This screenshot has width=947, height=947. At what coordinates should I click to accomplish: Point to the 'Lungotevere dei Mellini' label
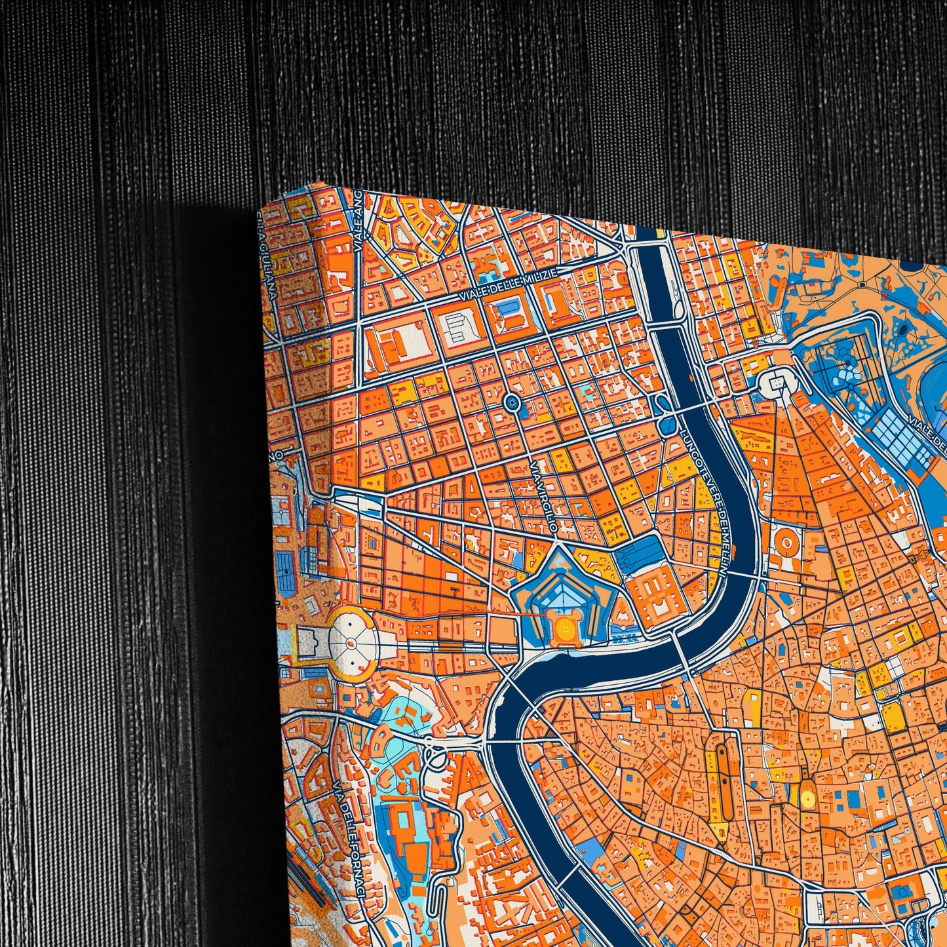pos(705,505)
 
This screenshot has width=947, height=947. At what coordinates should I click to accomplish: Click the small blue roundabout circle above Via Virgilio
pos(512,403)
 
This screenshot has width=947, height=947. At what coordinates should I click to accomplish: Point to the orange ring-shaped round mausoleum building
pos(787,541)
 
